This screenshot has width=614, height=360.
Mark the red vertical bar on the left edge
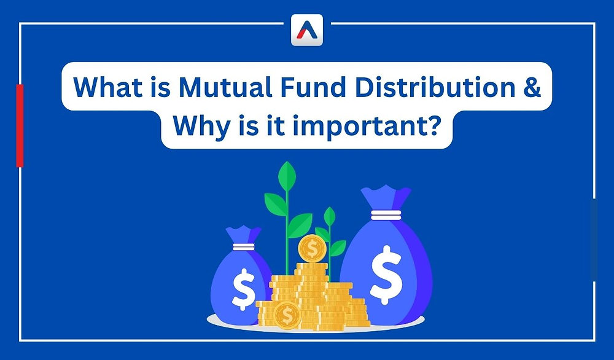pos(20,125)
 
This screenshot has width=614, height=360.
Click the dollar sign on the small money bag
pos(243,288)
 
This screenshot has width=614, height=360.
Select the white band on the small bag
pos(243,246)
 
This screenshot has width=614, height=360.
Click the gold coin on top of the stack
pos(313,249)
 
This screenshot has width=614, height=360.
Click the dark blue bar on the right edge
pos(594,240)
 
